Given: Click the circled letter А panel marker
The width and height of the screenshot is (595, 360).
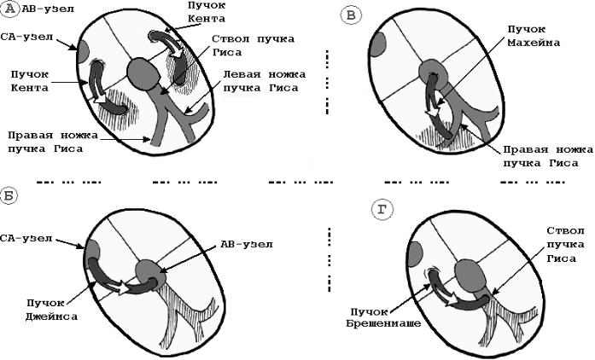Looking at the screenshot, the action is [x=10, y=9].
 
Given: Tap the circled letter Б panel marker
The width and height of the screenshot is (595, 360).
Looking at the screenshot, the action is [x=9, y=196].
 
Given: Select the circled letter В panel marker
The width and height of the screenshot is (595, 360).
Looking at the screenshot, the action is [x=351, y=16].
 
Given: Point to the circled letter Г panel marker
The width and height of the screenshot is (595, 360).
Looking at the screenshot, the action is [x=382, y=211].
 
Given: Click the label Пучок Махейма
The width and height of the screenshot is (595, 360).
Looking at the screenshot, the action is [x=534, y=36].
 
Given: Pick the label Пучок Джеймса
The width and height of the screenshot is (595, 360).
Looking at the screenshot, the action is [x=51, y=309].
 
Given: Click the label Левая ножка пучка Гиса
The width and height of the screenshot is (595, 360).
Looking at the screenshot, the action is [x=264, y=81].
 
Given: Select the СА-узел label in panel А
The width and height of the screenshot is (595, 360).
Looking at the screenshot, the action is [x=27, y=37].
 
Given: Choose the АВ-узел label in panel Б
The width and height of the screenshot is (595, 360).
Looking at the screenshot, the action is [x=247, y=244].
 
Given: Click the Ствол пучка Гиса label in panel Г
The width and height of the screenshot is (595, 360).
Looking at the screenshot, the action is [x=565, y=245].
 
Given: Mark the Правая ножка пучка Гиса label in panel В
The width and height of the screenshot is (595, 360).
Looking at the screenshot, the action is [x=547, y=156].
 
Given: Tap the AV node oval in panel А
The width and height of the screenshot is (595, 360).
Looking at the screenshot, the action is [x=142, y=73].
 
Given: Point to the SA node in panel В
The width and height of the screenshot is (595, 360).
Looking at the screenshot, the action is [x=377, y=45].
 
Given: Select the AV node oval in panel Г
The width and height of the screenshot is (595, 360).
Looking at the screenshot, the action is [x=470, y=276].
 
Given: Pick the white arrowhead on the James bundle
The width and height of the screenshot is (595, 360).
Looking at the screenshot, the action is [x=123, y=288].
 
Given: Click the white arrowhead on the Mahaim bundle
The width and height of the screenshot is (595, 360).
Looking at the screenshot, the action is [x=431, y=113].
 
